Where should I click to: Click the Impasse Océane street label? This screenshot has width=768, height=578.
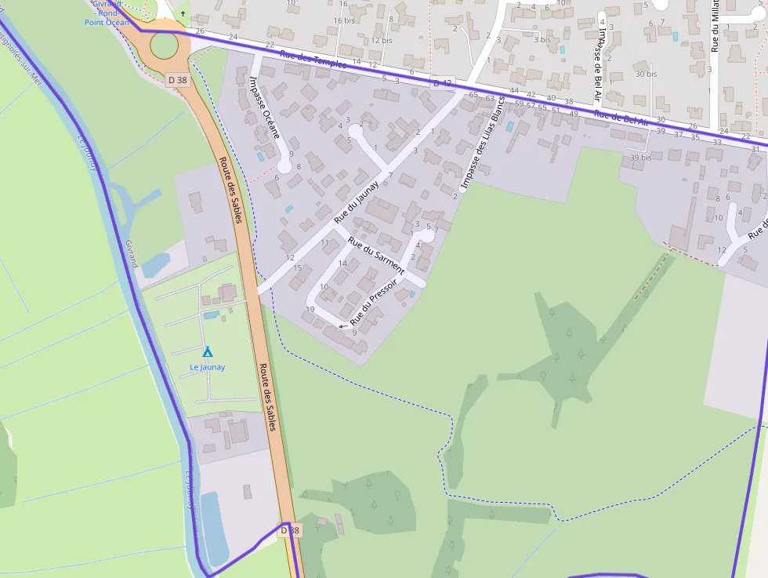264,107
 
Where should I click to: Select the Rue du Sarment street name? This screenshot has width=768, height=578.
376,255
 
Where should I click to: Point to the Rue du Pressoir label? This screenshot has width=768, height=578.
374,302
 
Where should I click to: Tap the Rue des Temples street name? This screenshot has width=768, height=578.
313,59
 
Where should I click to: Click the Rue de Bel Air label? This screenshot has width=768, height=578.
621,118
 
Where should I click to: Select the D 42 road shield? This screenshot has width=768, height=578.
443,83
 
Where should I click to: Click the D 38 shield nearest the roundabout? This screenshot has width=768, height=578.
178,79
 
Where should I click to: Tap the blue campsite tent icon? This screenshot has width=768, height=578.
208,352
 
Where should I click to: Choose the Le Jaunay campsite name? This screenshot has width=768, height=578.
208,367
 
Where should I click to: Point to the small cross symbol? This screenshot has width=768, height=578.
183,14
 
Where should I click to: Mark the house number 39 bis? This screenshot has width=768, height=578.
641,158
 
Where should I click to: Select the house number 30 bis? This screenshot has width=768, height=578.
646,74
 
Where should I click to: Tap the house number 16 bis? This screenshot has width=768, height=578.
344,20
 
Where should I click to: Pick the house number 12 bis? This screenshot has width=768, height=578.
382,40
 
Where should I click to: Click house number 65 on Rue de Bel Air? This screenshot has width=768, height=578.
473,94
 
